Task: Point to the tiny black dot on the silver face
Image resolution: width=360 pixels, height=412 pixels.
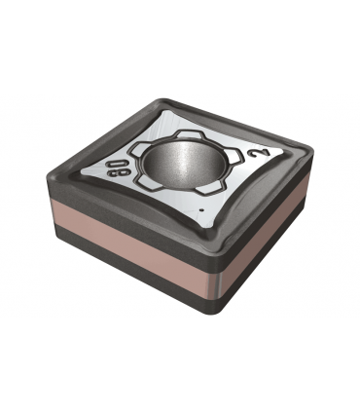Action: click(x=201, y=209)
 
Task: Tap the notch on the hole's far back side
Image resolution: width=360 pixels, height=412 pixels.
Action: click(x=189, y=134)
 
